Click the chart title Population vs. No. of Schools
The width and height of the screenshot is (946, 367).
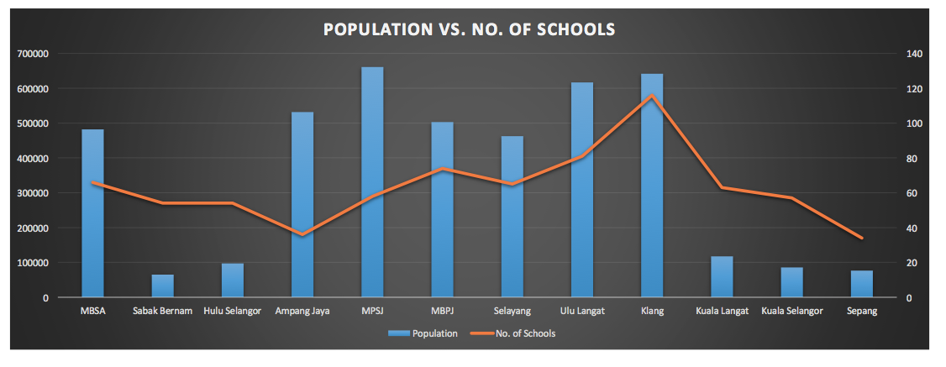tap(470, 29)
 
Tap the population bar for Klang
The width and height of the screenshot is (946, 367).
tap(652, 186)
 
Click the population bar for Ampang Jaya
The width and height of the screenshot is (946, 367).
tap(302, 205)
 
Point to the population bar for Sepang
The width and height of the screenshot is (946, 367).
tap(862, 284)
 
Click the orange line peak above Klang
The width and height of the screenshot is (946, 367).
tap(652, 96)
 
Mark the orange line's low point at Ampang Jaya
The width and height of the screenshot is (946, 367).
tap(302, 234)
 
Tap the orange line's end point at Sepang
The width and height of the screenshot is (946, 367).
tap(862, 238)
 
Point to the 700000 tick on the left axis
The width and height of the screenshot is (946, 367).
tap(33, 54)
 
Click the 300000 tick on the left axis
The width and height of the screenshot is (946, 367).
tap(33, 193)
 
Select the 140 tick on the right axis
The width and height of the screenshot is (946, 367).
tap(913, 54)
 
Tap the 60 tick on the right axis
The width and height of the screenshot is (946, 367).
tap(911, 193)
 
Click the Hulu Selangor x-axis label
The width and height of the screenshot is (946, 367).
tap(233, 312)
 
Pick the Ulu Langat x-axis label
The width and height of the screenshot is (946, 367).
tap(582, 312)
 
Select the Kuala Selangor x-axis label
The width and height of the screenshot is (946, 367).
tap(792, 312)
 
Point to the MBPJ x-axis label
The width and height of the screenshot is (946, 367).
tap(442, 312)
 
